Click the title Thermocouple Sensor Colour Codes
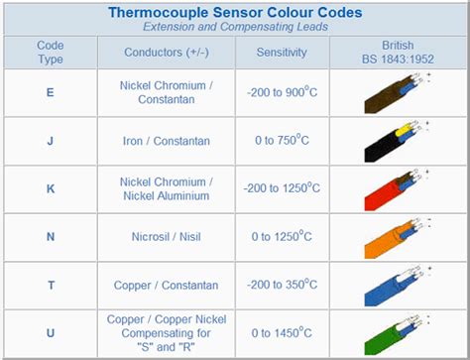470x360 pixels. point(234,12)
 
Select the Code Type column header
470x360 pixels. point(51,53)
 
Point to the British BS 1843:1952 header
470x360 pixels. point(397,53)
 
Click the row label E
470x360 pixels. point(51,93)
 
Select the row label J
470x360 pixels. point(51,141)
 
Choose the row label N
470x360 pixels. point(51,237)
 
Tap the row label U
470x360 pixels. point(51,334)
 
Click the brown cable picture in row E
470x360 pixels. point(393,94)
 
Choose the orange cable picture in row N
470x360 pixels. point(393,238)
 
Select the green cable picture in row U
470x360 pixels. point(393,335)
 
